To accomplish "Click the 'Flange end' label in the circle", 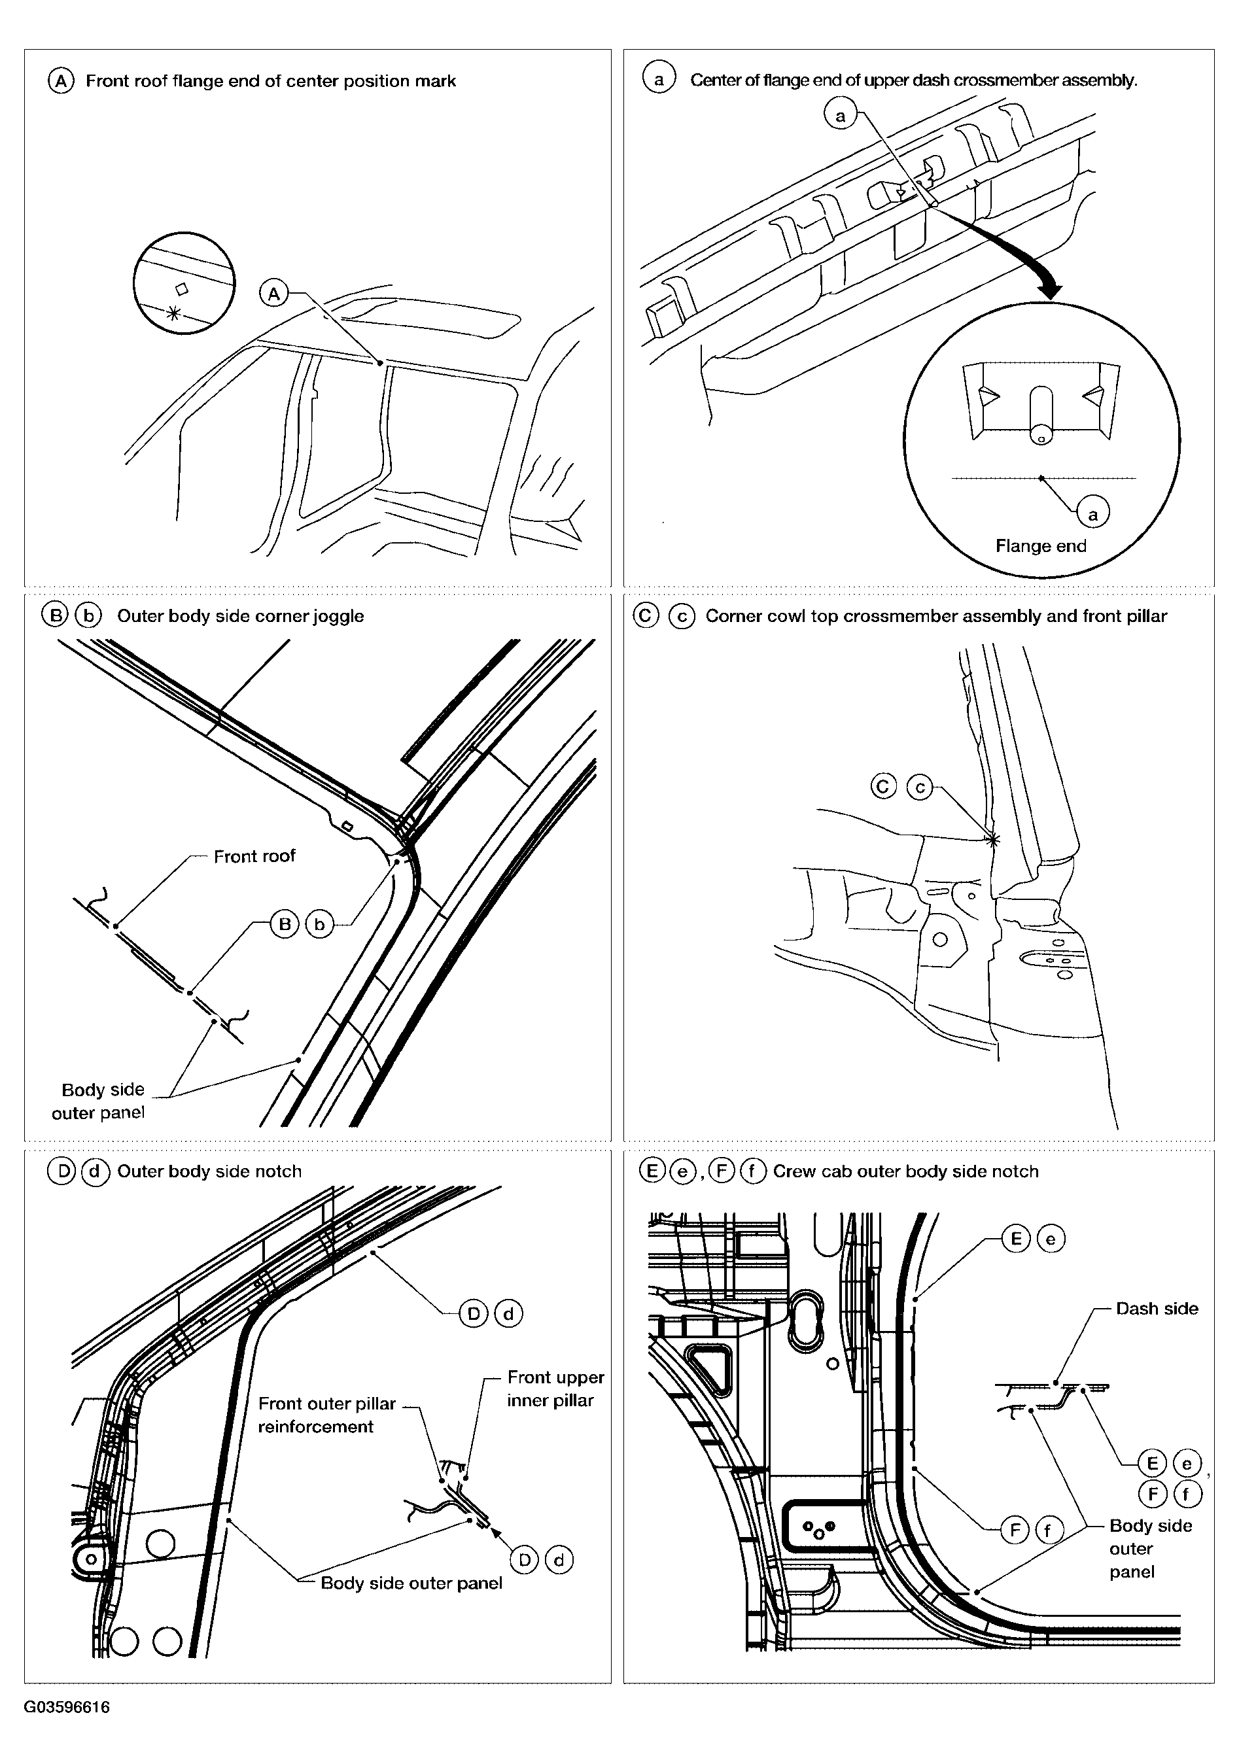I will (x=1040, y=545).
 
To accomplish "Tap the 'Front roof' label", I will (x=254, y=855).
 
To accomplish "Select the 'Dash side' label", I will (x=1156, y=1309).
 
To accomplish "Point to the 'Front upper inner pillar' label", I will (x=555, y=1389).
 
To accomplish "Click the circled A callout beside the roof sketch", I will (x=273, y=293).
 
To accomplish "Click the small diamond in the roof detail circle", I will (x=182, y=288).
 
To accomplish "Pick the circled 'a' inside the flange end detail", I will (x=1092, y=513).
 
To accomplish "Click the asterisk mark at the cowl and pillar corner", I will (x=992, y=840).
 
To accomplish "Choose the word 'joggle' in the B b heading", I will (x=339, y=616).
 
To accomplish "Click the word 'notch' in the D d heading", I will (x=279, y=1171).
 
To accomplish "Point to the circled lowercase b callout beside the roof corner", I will (x=319, y=924).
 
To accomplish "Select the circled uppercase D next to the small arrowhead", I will (x=524, y=1559).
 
